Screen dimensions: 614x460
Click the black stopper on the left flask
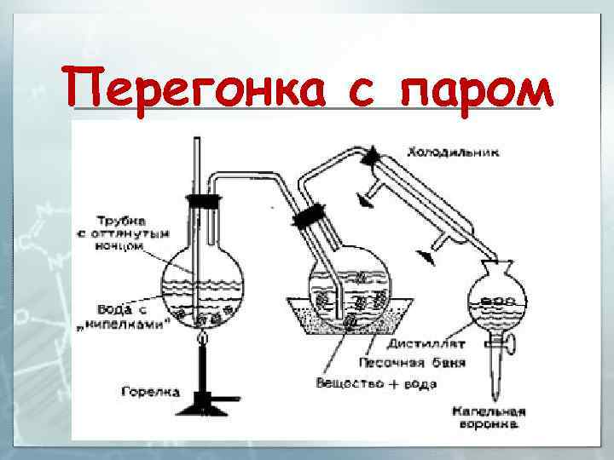coord(203,202)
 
